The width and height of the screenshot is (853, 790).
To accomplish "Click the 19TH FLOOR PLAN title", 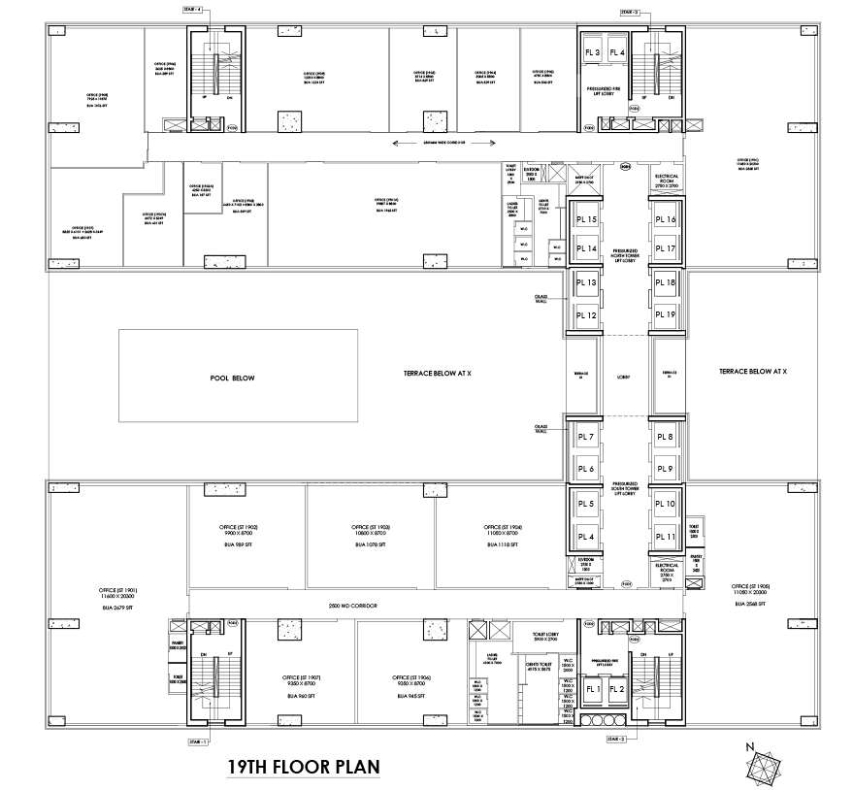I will (302, 766).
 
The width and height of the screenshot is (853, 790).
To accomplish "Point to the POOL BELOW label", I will (232, 378).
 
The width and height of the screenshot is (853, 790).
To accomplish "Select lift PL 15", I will (585, 220).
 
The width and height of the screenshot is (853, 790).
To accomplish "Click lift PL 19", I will (664, 314).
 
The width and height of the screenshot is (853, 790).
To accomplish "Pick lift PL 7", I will (585, 439).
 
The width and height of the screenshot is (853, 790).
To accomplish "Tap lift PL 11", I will (664, 536).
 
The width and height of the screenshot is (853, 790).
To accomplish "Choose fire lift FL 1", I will (592, 690).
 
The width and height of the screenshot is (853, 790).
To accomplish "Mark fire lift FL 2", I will (616, 690).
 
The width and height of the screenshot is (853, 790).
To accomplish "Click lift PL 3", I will (592, 52).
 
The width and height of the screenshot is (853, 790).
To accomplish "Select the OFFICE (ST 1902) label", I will (238, 527).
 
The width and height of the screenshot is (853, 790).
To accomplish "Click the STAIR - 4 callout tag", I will (192, 9).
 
